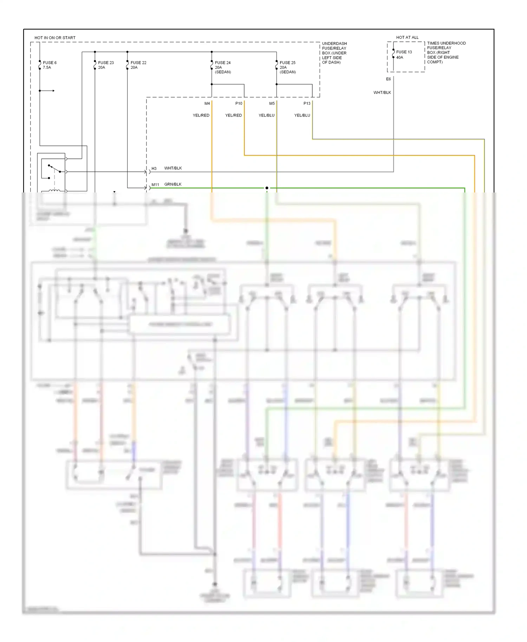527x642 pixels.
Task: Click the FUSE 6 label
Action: [50, 63]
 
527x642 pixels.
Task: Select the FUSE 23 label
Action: [106, 63]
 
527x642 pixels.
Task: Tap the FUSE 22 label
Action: [138, 63]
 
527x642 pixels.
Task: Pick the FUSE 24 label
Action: [223, 63]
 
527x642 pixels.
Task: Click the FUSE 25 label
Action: [287, 63]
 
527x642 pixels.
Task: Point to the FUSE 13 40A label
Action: [404, 54]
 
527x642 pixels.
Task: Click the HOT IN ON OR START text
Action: [55, 38]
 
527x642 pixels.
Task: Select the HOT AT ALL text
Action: [407, 37]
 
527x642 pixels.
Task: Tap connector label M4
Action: [207, 104]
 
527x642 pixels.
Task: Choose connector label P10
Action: [239, 104]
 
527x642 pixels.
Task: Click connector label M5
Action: [272, 104]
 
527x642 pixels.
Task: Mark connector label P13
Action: [307, 104]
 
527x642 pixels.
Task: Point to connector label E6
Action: [388, 79]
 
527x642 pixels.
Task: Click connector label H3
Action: [154, 169]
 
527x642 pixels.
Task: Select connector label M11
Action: [155, 185]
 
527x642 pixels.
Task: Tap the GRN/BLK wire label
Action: [173, 184]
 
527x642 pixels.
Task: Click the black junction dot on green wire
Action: [267, 188]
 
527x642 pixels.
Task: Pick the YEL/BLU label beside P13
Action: [302, 115]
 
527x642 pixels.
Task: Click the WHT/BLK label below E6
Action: [382, 93]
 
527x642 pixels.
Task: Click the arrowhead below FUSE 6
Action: [53, 91]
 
